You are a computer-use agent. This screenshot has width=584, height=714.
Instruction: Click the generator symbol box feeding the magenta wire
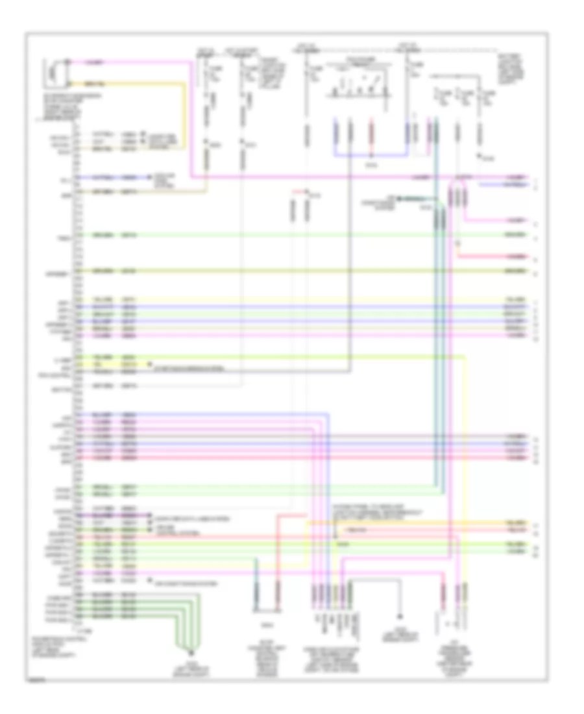pyautogui.click(x=55, y=73)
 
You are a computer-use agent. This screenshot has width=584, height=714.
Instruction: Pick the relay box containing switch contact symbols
pyautogui.click(x=353, y=82)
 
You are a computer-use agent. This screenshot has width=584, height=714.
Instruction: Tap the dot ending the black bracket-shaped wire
pyautogui.click(x=400, y=617)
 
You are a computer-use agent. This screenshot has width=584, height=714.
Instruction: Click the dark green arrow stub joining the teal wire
pyautogui.click(x=415, y=197)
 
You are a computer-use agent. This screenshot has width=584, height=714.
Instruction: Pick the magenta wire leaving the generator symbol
pyautogui.click(x=130, y=62)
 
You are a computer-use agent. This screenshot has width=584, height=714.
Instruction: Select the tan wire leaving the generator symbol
pyautogui.click(x=130, y=84)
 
